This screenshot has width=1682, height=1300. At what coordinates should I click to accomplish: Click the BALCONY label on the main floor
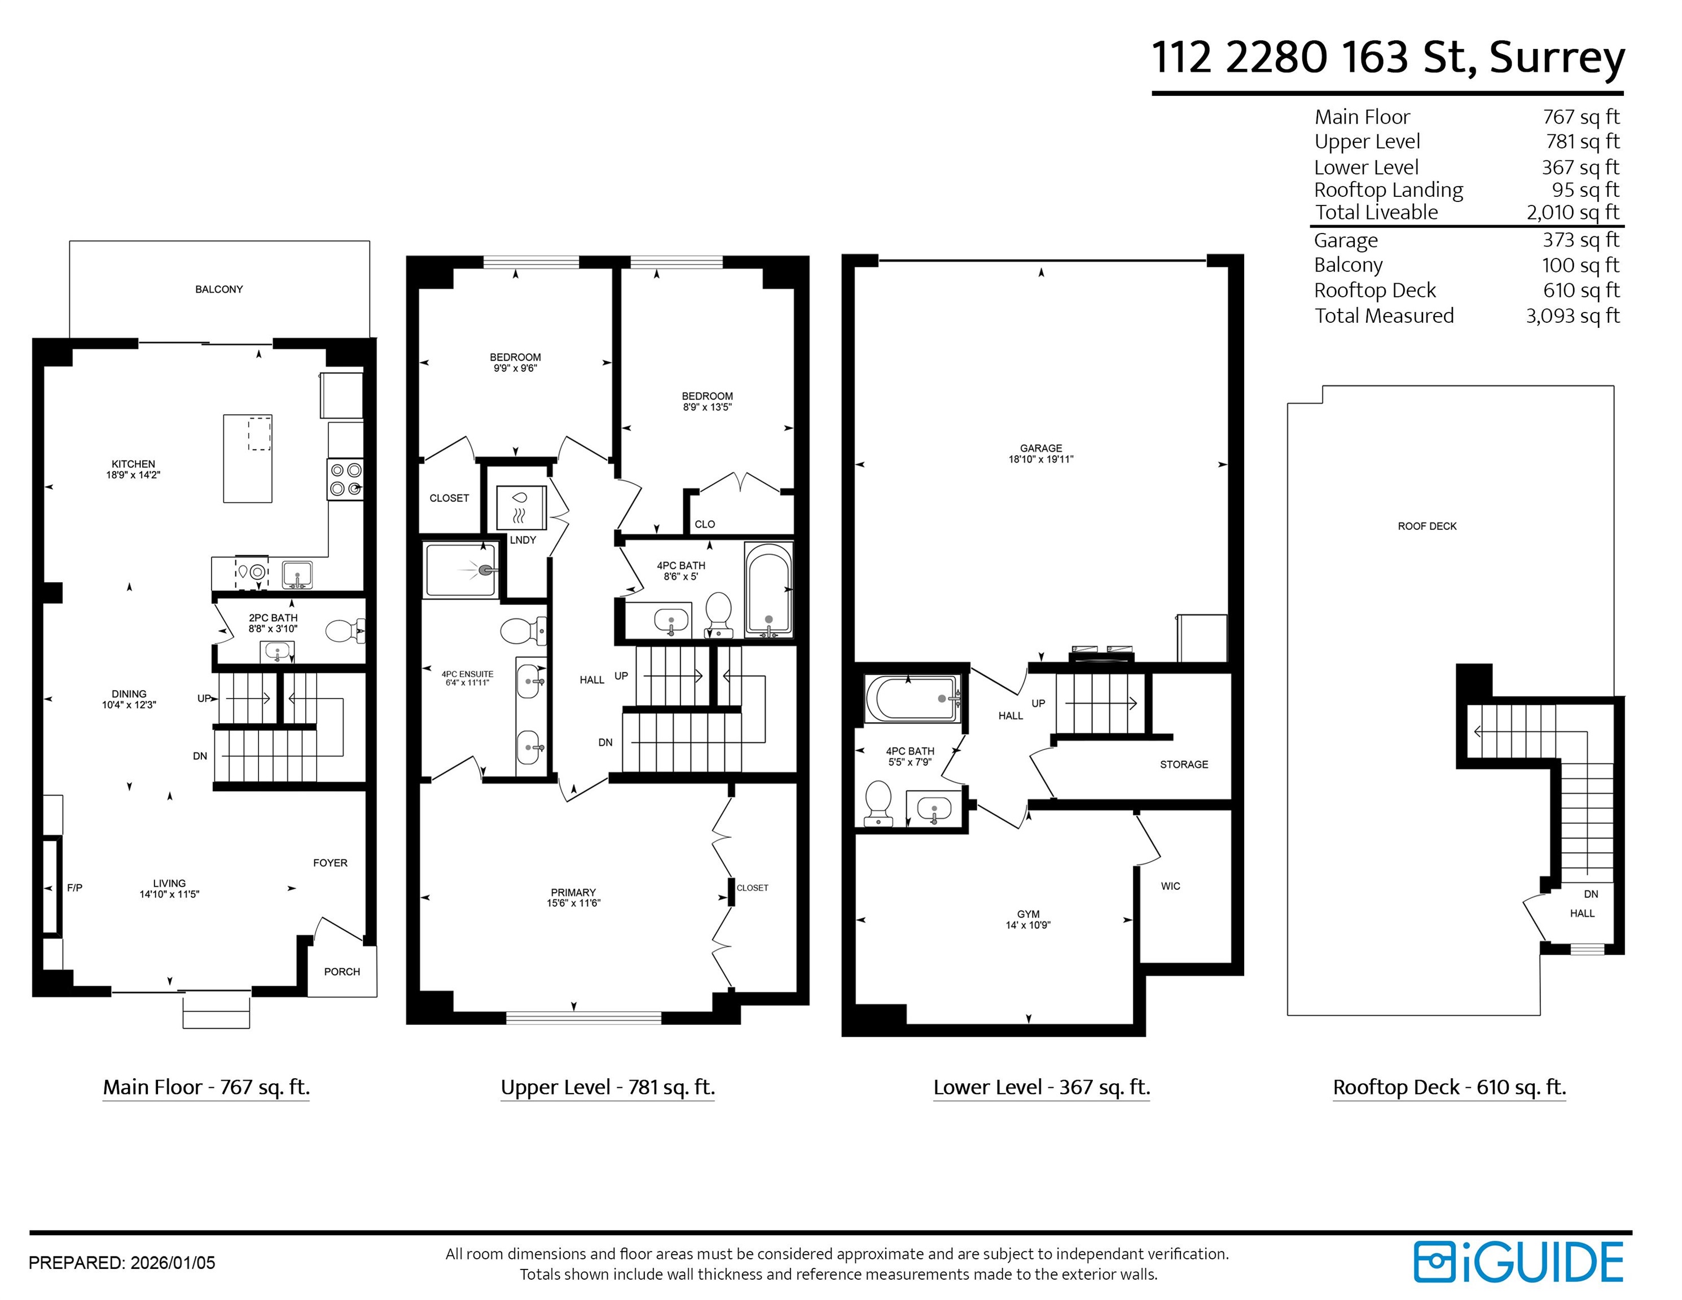pyautogui.click(x=219, y=289)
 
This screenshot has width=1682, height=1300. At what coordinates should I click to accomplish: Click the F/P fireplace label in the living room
pyautogui.click(x=74, y=888)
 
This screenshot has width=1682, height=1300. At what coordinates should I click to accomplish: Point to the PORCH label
pyautogui.click(x=342, y=972)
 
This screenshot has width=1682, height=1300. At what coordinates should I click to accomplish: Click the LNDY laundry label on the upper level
pyautogui.click(x=523, y=540)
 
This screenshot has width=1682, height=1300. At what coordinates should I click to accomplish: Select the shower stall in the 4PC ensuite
pyautogui.click(x=460, y=570)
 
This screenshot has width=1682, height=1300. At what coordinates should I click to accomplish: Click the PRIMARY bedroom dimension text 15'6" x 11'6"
pyautogui.click(x=574, y=903)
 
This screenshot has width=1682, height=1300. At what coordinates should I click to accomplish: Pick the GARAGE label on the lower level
pyautogui.click(x=1041, y=448)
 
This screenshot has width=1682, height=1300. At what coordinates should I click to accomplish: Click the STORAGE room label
pyautogui.click(x=1184, y=765)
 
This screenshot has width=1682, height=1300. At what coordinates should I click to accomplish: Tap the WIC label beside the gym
pyautogui.click(x=1171, y=886)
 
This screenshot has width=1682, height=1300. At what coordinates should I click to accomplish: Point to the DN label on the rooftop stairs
pyautogui.click(x=1591, y=894)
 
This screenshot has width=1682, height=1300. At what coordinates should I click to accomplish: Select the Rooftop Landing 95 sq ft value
pyautogui.click(x=1585, y=190)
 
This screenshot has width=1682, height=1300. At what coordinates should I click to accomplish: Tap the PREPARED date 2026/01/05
pyautogui.click(x=173, y=1263)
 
